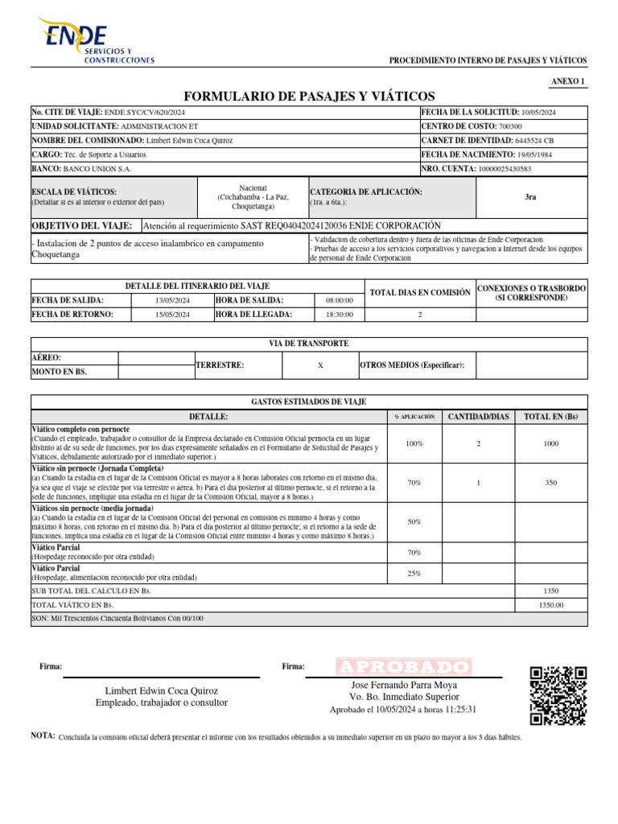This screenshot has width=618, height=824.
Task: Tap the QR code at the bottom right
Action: (x=558, y=696)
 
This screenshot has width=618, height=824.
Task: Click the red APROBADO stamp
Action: (x=403, y=667)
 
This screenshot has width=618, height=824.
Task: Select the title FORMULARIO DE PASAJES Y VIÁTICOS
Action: (x=309, y=96)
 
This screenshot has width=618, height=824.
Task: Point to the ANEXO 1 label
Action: (x=569, y=81)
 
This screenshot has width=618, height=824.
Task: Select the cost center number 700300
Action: (x=510, y=126)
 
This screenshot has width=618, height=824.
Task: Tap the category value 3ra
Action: (x=530, y=197)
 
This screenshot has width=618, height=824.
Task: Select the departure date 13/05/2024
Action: (x=172, y=300)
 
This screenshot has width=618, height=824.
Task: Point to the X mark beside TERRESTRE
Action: (x=320, y=365)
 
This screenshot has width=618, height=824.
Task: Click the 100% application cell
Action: (x=414, y=443)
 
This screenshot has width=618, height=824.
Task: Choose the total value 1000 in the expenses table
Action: (x=551, y=443)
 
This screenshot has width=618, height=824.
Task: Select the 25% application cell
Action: (x=414, y=573)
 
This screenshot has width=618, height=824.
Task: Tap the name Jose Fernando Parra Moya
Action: (x=404, y=684)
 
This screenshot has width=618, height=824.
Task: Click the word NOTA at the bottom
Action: (x=43, y=736)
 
